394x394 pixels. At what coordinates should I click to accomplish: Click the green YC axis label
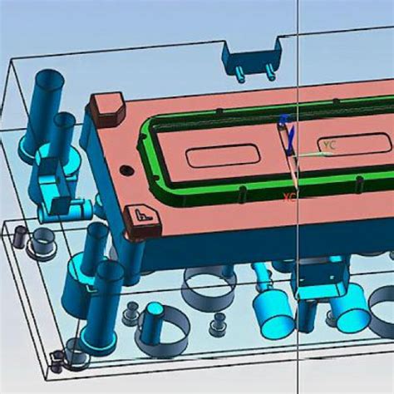(330, 145)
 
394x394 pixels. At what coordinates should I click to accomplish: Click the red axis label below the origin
(289, 197)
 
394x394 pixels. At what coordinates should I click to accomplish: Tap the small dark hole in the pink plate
(126, 170)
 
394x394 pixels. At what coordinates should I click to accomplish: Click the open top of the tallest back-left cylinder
(49, 81)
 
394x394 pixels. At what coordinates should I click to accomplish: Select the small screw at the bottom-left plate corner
(57, 361)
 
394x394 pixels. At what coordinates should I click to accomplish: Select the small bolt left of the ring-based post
(130, 314)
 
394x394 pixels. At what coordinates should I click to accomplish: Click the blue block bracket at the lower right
(318, 278)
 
